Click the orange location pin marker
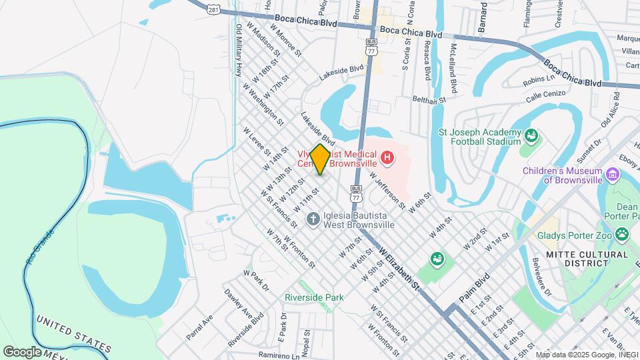(320, 159)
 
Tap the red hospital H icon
(387, 159)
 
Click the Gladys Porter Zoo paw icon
(622, 234)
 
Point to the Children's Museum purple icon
(613, 175)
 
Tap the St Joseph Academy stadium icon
(531, 137)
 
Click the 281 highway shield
(213, 10)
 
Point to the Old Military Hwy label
(237, 51)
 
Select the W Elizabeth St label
(399, 269)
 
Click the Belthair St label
(428, 100)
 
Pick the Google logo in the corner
(22, 351)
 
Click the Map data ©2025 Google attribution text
(587, 355)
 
